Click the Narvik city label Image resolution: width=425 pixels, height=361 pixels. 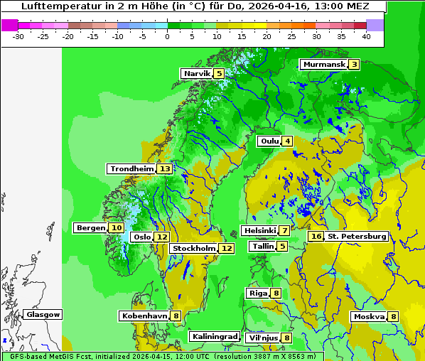197,73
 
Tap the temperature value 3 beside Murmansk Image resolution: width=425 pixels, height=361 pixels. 354,65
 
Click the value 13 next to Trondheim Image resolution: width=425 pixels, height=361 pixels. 165,169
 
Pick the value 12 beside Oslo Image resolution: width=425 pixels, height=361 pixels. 162,237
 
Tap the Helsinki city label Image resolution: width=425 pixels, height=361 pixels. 259,230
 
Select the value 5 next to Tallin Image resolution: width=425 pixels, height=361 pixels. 283,247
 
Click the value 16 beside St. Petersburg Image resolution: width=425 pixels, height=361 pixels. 316,236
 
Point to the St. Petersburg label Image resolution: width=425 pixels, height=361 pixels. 357,236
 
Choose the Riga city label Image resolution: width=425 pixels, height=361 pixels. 257,293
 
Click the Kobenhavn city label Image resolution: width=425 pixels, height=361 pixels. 144,316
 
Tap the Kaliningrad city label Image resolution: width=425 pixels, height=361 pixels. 214,336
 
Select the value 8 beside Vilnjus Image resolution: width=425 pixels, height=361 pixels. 287,338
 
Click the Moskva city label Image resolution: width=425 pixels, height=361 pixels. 370,316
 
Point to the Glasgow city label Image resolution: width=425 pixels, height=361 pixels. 43,314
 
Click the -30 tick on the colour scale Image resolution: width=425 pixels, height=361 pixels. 18,36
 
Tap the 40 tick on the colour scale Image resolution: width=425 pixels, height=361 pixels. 366,36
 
